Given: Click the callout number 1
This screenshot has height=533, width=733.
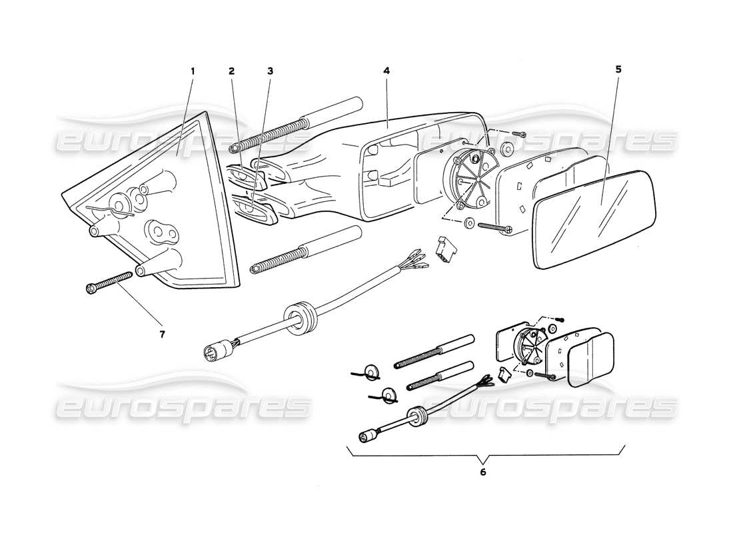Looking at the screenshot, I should pyautogui.click(x=193, y=70).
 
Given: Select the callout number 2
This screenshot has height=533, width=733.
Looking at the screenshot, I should pyautogui.click(x=231, y=70).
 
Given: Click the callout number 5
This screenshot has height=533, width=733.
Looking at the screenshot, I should pyautogui.click(x=618, y=69).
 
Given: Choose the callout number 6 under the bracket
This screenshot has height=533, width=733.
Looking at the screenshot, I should pyautogui.click(x=482, y=472).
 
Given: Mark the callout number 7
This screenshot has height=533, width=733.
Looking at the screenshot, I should pyautogui.click(x=162, y=334).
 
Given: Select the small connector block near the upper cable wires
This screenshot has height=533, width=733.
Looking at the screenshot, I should pyautogui.click(x=445, y=246).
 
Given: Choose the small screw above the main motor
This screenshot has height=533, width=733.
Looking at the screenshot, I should pyautogui.click(x=518, y=134).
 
